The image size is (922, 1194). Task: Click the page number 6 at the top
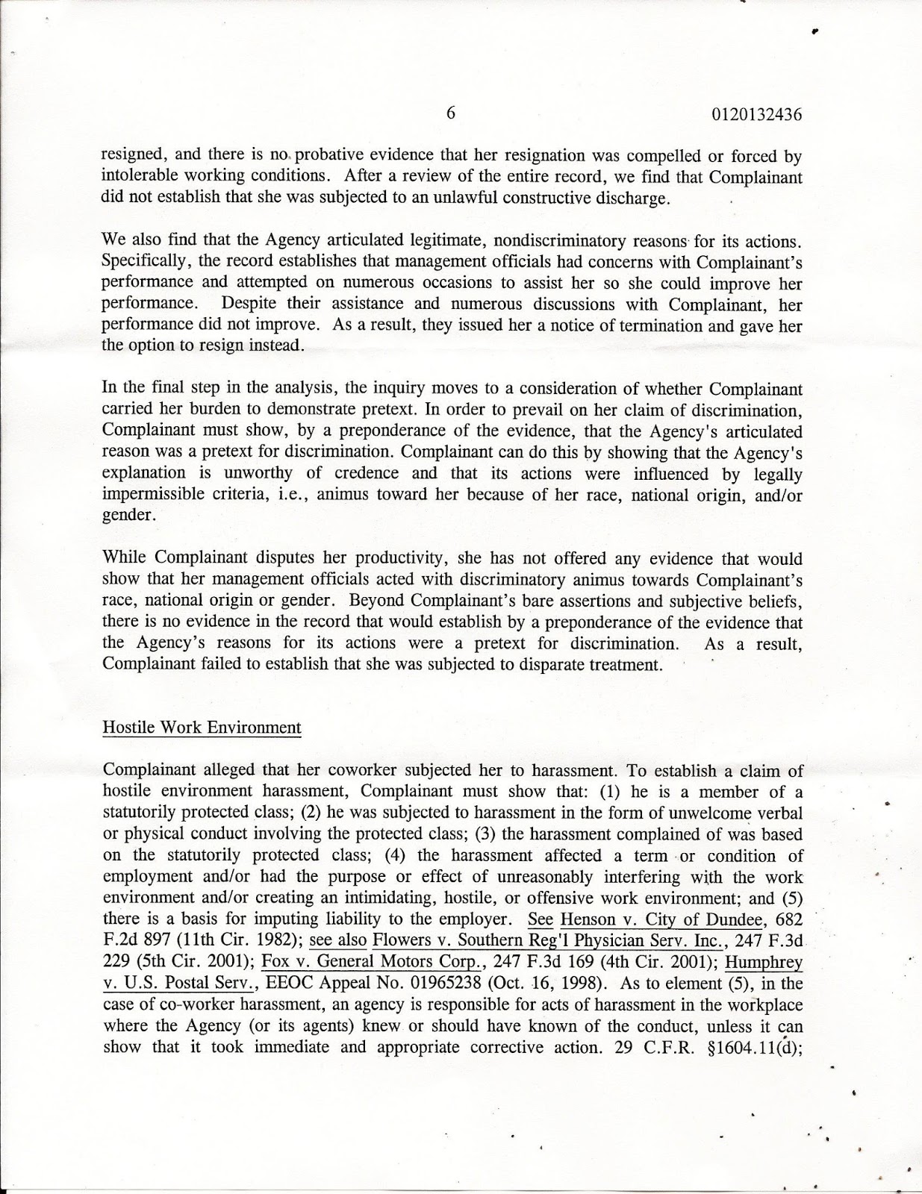tap(450, 113)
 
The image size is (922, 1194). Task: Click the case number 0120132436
tap(756, 115)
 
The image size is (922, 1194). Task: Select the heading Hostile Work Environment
tap(202, 728)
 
